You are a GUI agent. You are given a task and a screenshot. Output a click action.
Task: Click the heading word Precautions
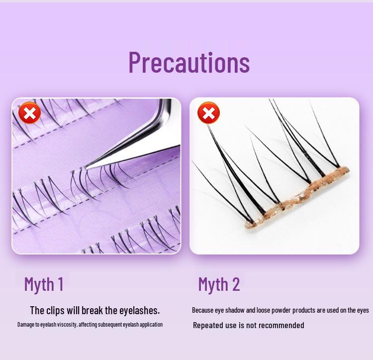coord(189,62)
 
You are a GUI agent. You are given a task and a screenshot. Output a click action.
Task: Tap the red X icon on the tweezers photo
coord(30,113)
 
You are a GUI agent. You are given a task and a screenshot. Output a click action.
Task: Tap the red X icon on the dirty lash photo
coord(208,113)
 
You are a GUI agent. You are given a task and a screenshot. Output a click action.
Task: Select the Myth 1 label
coord(44,284)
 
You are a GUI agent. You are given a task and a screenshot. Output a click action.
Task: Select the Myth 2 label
coord(219,284)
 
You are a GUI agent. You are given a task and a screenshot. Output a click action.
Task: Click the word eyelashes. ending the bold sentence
coord(139,310)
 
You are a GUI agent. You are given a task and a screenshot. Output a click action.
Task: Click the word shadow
coord(239,310)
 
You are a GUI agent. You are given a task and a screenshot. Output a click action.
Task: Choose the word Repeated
coord(208,325)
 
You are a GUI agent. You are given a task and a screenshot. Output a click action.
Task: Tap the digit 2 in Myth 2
coord(235,284)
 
